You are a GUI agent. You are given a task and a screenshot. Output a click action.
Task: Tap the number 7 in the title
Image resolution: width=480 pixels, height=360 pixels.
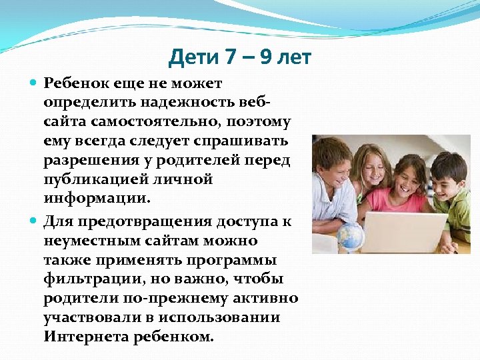click(x=231, y=58)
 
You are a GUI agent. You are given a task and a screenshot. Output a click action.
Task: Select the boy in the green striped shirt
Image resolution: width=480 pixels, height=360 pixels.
click(x=457, y=200)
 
